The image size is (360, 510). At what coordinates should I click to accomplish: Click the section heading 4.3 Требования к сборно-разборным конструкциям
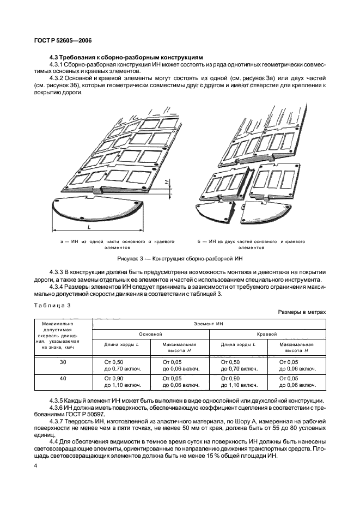pos(126,57)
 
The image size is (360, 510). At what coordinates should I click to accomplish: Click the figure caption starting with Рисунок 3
pos(179,258)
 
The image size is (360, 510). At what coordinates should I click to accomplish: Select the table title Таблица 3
pos(53,305)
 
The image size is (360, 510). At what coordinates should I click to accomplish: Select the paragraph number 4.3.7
pos(58,421)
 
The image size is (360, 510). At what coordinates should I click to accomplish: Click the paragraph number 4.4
pos(54,441)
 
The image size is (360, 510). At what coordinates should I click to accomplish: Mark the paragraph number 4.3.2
pos(58,79)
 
